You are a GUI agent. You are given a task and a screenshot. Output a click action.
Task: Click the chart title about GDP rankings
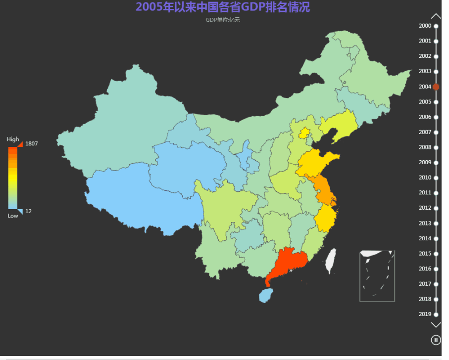[x=223, y=7]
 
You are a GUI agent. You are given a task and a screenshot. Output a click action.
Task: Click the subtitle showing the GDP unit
[x=223, y=20]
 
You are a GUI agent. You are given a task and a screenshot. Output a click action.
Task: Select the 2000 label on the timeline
[x=425, y=26]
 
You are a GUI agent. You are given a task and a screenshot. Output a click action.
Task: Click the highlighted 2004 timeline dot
[x=436, y=87]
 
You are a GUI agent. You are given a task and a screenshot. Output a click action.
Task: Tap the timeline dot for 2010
[x=436, y=178]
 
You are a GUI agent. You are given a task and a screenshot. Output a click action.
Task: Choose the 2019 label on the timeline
[x=425, y=314]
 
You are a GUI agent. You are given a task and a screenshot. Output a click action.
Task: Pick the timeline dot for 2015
[x=436, y=254]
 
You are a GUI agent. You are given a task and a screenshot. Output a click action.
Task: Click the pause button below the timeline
[x=436, y=340]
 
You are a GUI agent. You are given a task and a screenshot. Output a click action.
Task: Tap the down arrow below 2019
[x=436, y=325]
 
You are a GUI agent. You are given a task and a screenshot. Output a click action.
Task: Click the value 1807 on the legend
[x=32, y=143]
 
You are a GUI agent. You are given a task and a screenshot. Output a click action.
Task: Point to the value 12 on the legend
[x=29, y=211]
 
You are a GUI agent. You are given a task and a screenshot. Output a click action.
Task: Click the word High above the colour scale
[x=13, y=139]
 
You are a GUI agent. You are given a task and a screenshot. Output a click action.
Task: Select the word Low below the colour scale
[x=13, y=216]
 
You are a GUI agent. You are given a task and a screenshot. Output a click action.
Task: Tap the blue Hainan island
[x=266, y=295]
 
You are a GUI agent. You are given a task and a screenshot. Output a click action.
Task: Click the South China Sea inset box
[x=377, y=275]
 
